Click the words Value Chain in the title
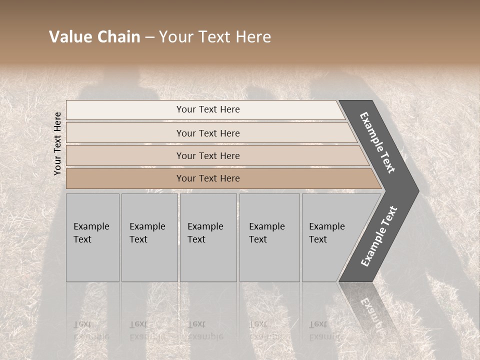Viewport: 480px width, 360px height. coord(94,37)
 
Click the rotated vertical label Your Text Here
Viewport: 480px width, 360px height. coord(57,143)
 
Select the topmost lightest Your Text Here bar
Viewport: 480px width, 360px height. coord(150,110)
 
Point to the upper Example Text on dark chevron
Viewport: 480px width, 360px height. coord(377,142)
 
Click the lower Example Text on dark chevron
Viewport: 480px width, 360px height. coord(379,236)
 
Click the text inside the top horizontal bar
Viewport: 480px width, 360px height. coord(208,109)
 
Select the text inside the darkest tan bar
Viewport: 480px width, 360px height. coord(208,178)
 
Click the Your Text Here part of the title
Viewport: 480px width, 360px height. coord(215,37)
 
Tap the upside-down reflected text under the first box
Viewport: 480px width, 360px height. coord(91,330)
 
